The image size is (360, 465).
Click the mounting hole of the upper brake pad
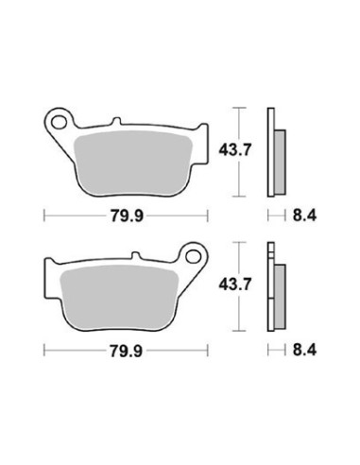(59, 122)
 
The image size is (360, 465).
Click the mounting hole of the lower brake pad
(193, 256)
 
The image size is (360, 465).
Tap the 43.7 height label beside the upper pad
(235, 150)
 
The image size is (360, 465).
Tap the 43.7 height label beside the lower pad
(235, 284)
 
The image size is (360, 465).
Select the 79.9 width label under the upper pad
(127, 216)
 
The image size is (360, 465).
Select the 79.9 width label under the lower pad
(126, 351)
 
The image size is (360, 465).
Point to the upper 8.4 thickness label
(304, 215)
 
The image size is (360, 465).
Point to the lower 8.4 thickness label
(304, 350)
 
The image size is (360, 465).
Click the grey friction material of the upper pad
(132, 163)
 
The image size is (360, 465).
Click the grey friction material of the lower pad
(119, 297)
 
